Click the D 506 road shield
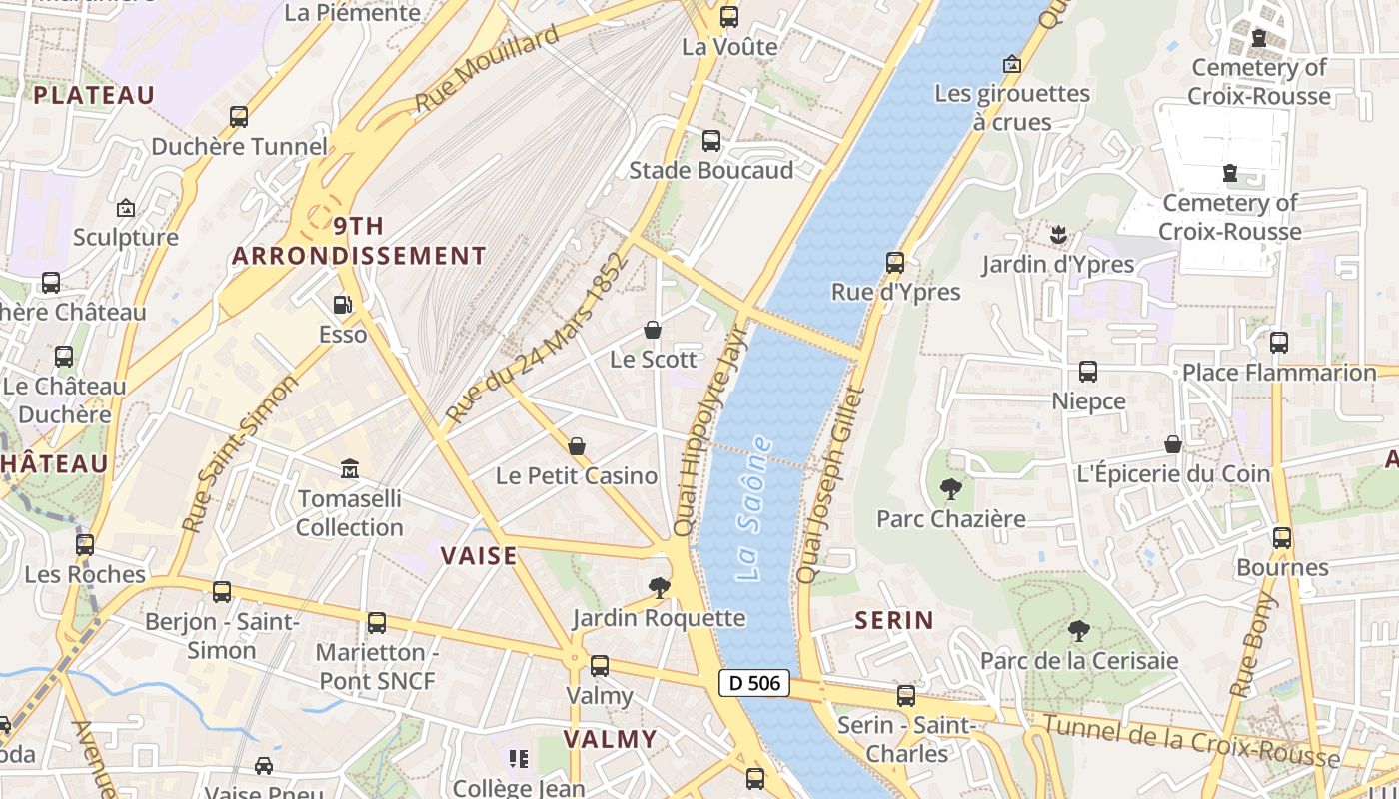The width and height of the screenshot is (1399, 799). click(x=754, y=684)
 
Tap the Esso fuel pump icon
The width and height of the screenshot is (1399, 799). click(x=343, y=304)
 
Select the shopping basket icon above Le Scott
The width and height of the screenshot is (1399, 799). click(x=653, y=330)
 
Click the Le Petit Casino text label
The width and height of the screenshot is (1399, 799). click(x=577, y=476)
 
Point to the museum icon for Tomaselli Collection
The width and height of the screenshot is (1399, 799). click(x=350, y=467)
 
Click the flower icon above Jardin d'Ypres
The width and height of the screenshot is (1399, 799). click(x=1058, y=235)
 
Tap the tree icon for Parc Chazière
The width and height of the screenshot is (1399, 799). click(x=951, y=489)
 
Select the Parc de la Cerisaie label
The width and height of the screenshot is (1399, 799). click(x=1078, y=661)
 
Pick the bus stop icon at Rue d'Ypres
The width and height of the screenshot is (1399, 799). click(x=895, y=263)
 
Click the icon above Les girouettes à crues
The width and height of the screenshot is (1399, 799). click(x=1012, y=64)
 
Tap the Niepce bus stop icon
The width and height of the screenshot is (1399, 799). click(x=1088, y=372)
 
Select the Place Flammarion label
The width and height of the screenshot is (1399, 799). click(x=1278, y=373)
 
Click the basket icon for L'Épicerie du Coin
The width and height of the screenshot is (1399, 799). click(x=1173, y=444)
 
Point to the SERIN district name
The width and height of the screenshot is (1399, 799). click(x=894, y=620)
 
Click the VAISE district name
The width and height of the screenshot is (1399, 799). click(x=480, y=556)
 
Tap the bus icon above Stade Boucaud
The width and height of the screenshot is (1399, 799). click(x=711, y=141)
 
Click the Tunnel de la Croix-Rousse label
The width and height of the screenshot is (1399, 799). click(x=1189, y=739)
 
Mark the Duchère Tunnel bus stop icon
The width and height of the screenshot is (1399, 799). click(x=239, y=117)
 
